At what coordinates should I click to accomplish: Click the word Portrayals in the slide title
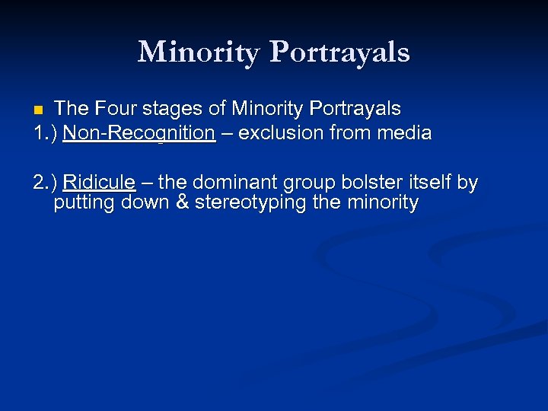(x=339, y=52)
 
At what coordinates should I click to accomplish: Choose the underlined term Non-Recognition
(x=139, y=133)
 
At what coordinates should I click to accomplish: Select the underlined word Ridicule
(x=99, y=183)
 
